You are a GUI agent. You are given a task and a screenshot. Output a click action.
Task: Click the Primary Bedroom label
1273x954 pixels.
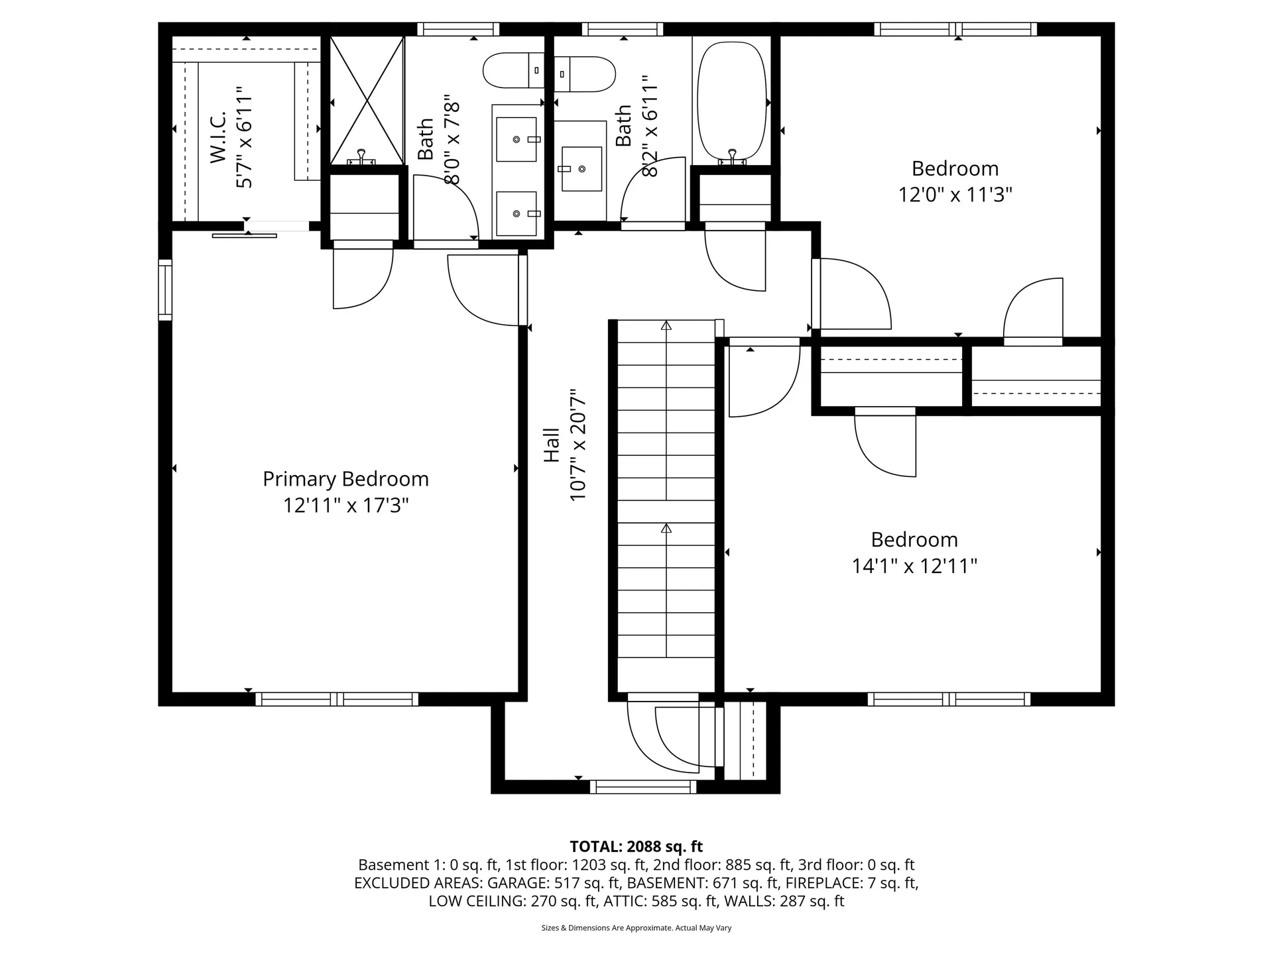[x=345, y=479]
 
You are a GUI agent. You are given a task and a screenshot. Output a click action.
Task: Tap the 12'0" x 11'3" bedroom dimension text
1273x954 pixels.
[x=955, y=195]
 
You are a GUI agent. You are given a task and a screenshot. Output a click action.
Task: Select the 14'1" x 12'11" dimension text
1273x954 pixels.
[x=914, y=566]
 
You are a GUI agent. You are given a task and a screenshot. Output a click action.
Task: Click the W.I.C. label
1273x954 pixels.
[x=219, y=137]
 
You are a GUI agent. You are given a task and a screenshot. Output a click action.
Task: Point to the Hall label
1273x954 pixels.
[x=552, y=445]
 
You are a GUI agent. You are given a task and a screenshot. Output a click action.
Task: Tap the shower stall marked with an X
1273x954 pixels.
[x=367, y=101]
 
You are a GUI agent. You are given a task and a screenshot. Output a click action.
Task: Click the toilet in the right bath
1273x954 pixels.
[x=585, y=74]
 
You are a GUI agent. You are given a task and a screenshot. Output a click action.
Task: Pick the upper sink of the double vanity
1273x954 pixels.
[x=516, y=139]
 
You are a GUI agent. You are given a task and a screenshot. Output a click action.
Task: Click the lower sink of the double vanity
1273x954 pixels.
[x=516, y=213]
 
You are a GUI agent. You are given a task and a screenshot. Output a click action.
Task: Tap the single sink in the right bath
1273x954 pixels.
[x=581, y=169]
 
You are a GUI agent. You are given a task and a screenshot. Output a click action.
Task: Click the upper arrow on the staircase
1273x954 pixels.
[x=666, y=325]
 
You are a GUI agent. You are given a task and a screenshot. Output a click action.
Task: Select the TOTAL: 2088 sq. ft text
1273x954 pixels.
[x=636, y=846]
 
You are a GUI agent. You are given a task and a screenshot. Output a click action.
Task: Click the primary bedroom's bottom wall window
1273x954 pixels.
[x=337, y=699]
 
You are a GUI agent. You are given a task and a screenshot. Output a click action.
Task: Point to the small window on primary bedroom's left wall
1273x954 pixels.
[x=165, y=290]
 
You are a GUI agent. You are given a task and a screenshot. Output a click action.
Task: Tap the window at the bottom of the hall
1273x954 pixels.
[x=643, y=786]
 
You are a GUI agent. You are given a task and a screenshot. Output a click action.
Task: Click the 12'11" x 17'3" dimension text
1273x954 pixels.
[x=345, y=505]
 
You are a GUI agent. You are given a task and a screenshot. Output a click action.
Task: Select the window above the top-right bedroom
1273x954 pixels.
[x=955, y=29]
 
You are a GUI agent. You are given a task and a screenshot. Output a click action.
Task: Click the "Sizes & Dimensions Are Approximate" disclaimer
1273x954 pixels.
[x=636, y=928]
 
